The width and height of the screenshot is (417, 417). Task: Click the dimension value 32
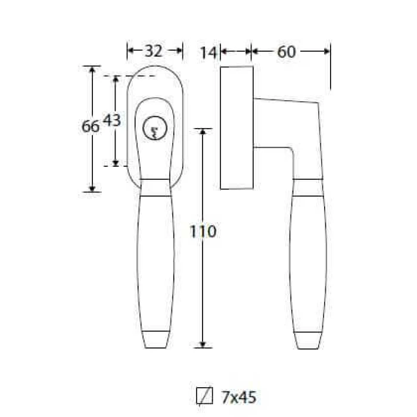click(154, 51)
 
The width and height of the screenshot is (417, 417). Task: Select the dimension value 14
click(208, 52)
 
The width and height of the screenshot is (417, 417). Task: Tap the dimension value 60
click(287, 52)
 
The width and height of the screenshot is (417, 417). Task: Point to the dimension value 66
click(91, 126)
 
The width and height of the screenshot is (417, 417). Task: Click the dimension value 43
click(112, 120)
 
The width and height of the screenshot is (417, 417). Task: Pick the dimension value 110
click(203, 231)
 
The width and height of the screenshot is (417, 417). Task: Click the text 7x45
click(238, 397)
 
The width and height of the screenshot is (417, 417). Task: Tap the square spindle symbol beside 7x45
click(204, 396)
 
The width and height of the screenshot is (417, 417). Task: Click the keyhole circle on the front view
click(155, 128)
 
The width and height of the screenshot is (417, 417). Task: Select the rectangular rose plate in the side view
click(236, 127)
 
